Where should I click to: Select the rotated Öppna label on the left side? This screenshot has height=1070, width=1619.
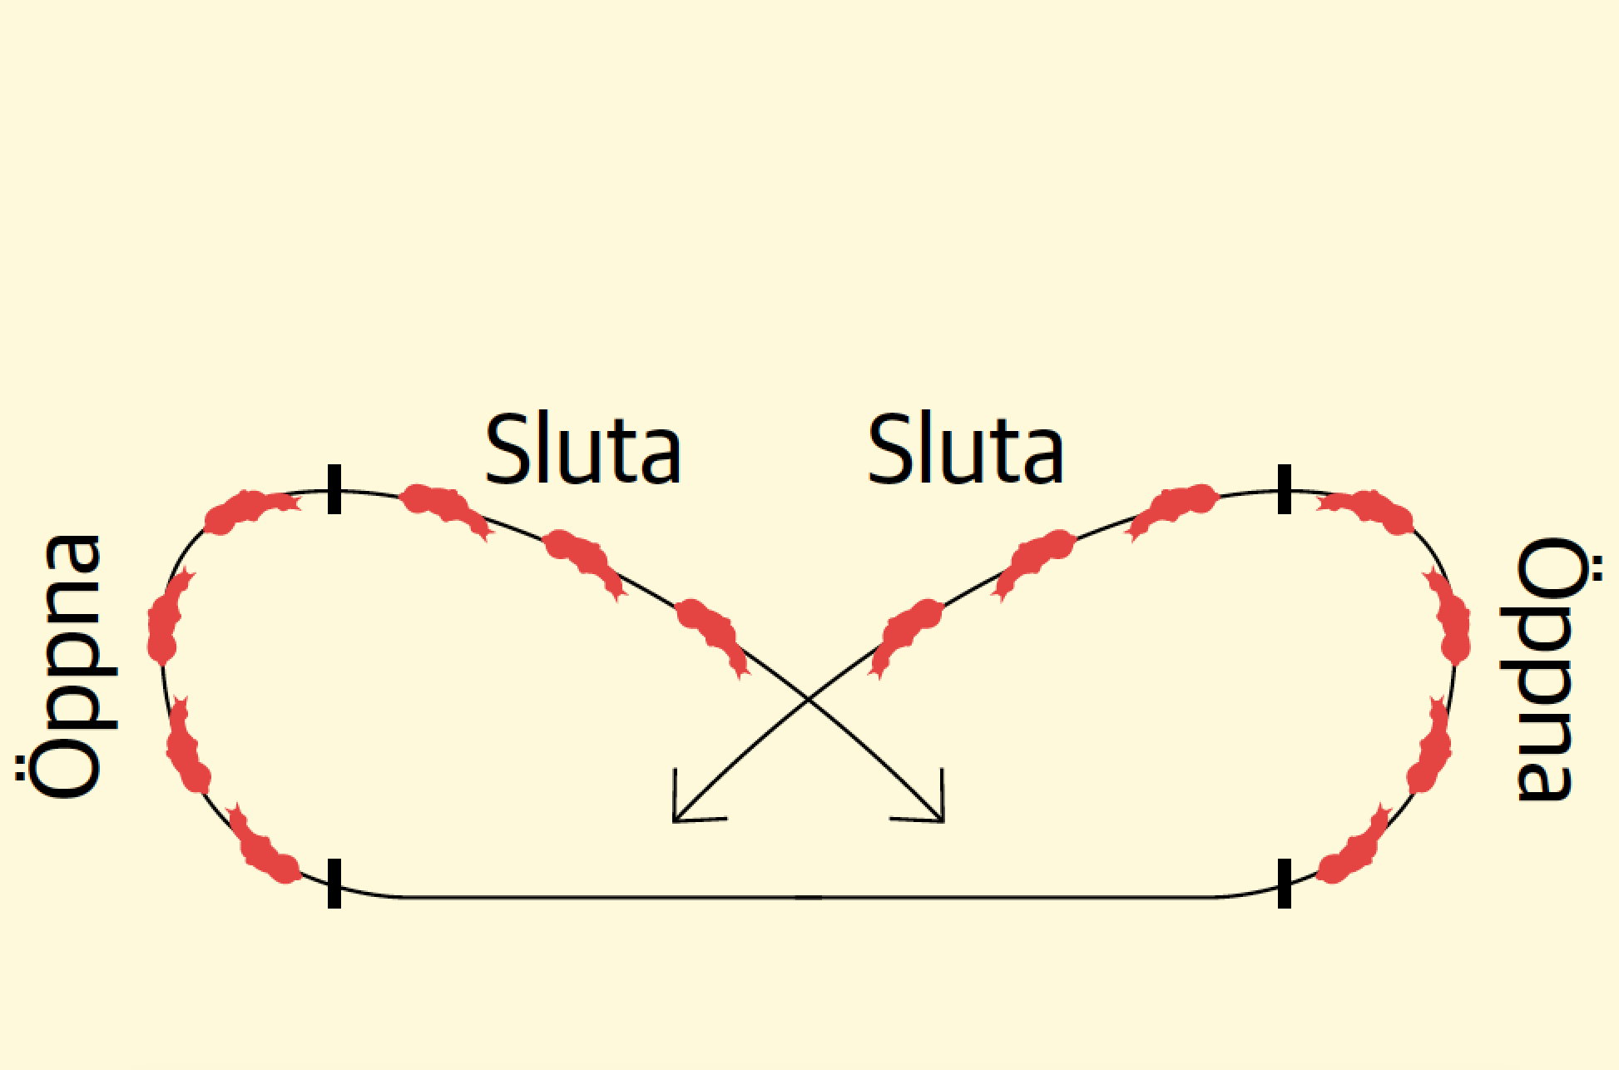coord(67,667)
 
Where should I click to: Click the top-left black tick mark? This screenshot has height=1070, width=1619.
coord(334,489)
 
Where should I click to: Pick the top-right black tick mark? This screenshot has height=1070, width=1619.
coord(1285,489)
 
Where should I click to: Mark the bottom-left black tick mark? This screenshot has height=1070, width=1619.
coord(334,883)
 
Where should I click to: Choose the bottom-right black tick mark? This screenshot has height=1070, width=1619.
coord(1285,883)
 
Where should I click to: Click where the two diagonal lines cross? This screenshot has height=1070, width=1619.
coord(809,701)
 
